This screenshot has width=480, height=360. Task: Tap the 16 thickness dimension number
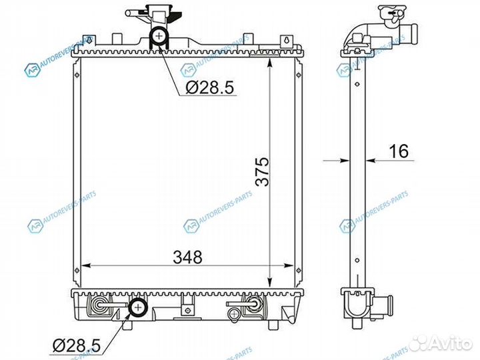click(399, 151)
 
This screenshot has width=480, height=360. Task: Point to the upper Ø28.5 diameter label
click(208, 87)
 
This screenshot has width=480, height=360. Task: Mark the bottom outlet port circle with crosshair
click(139, 307)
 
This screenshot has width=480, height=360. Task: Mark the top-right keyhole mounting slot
click(285, 40)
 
